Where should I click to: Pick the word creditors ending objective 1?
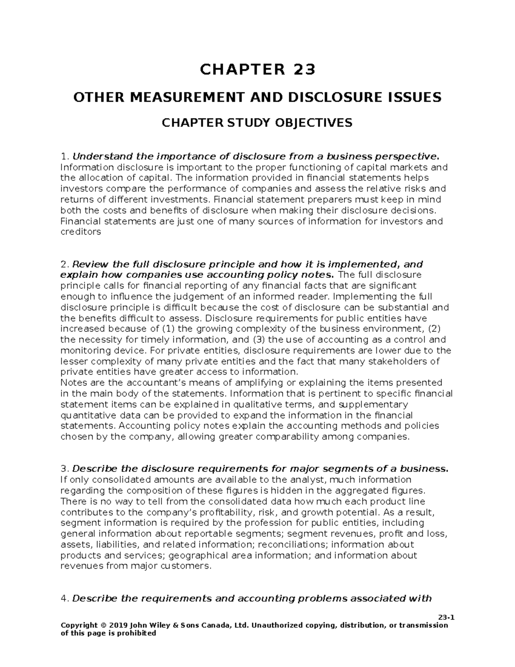coord(81,232)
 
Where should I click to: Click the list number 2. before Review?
coord(65,264)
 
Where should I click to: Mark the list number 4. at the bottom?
coord(65,598)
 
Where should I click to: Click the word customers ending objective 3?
coord(190,566)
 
